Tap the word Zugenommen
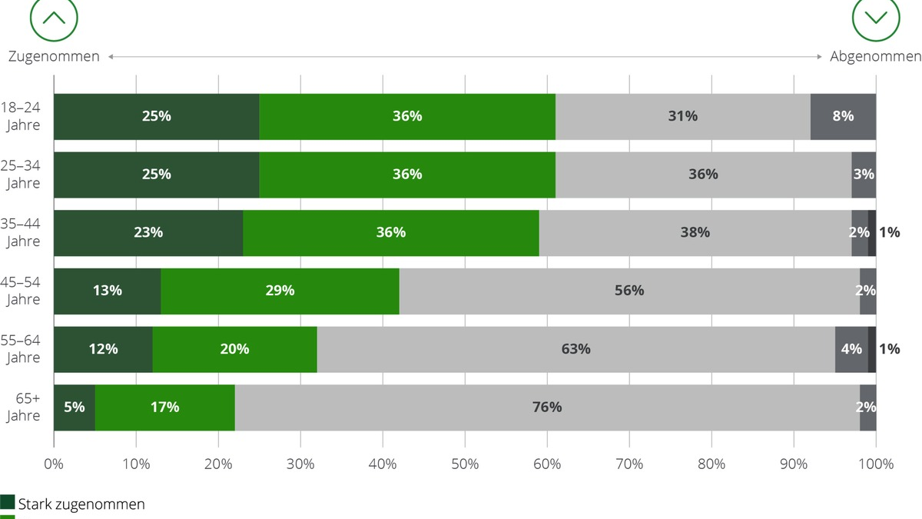(54, 57)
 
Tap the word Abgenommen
(875, 57)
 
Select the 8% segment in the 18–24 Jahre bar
(843, 116)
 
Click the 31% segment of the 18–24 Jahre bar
(682, 116)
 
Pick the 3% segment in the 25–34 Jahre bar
(864, 175)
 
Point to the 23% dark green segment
(148, 232)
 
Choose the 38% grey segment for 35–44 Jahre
(695, 232)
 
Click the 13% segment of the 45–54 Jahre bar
(108, 291)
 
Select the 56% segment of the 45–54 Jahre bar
(629, 291)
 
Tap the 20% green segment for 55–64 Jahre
(234, 349)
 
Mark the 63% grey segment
(575, 349)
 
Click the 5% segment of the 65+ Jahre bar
(75, 407)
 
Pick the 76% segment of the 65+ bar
(547, 407)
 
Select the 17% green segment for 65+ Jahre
(164, 407)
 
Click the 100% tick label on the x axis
(875, 464)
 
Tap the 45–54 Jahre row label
(22, 291)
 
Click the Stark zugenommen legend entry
(73, 504)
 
